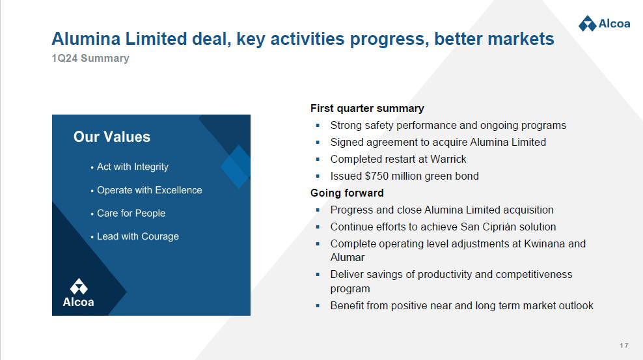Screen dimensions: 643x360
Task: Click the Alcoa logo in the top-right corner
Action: [604, 23]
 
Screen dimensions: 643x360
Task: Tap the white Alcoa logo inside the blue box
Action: [78, 293]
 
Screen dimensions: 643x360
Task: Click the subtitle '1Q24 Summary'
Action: [90, 58]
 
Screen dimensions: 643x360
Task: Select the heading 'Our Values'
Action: [112, 137]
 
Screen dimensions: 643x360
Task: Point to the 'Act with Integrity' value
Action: [133, 167]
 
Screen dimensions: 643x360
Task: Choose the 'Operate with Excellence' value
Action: [149, 190]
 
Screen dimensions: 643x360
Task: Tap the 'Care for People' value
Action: [131, 214]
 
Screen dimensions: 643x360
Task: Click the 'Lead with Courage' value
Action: [138, 236]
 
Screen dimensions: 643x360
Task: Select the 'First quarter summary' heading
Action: [367, 108]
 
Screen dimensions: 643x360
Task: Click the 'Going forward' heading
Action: [347, 193]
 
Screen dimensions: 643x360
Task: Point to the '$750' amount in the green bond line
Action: [376, 176]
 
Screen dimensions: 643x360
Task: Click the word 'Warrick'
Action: [448, 159]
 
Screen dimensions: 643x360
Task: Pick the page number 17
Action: [623, 346]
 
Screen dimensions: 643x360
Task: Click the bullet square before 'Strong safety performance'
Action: [318, 126]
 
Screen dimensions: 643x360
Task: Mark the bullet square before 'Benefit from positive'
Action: [318, 306]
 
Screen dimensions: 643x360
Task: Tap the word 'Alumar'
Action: [348, 258]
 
